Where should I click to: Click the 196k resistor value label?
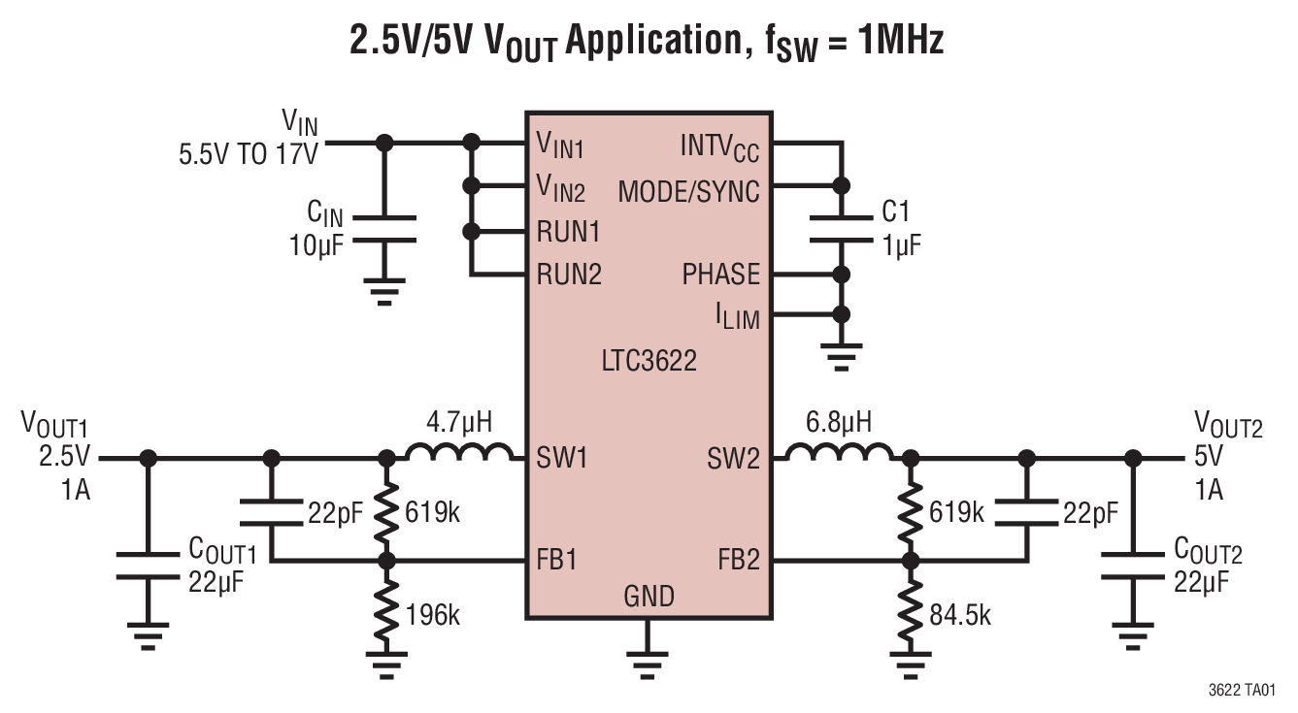click(x=433, y=613)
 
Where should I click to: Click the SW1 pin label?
click(x=562, y=458)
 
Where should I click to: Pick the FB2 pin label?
click(x=738, y=560)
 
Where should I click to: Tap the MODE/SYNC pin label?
click(x=688, y=191)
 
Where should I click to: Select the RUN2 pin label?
click(x=569, y=275)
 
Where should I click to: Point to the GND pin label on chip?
click(x=649, y=595)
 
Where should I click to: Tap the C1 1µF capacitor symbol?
click(x=841, y=229)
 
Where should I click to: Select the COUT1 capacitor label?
click(x=222, y=552)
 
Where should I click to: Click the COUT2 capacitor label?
click(x=1208, y=551)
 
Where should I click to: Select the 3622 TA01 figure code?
click(x=1242, y=690)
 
